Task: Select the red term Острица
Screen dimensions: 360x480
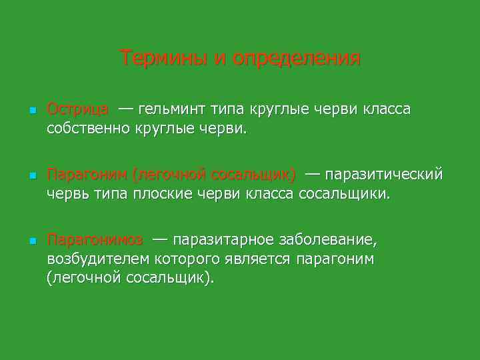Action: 78,109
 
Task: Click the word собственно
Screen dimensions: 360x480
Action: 89,127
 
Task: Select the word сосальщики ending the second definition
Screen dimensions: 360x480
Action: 343,193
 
